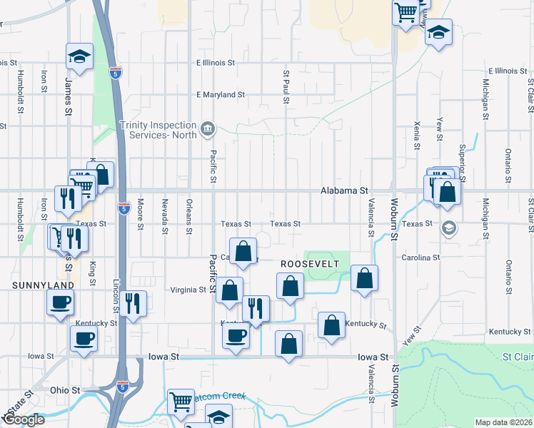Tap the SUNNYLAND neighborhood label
[43, 285]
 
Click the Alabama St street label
[344, 191]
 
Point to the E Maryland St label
[221, 94]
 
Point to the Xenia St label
[416, 134]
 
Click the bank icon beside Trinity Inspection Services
[207, 128]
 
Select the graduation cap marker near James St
[80, 56]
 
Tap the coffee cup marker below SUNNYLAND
[60, 301]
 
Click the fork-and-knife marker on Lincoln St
[133, 303]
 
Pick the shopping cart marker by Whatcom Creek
[181, 402]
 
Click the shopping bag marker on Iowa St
[288, 344]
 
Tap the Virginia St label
[188, 290]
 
